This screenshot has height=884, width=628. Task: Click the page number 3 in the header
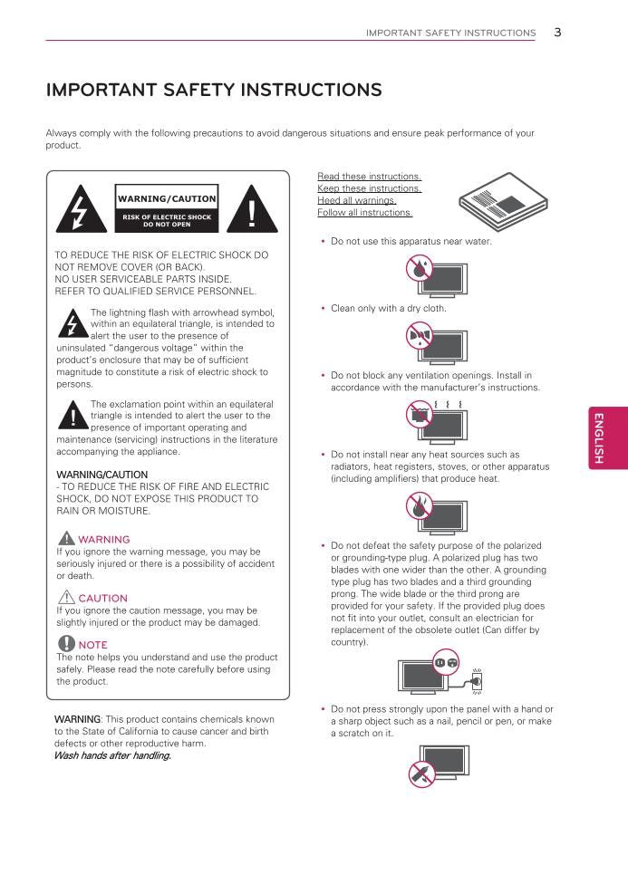[x=557, y=32]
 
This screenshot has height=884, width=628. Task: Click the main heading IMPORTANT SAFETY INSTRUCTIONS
[x=213, y=91]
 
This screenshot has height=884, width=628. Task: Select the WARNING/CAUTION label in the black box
[x=167, y=198]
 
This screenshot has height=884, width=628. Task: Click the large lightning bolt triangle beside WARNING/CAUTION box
[x=82, y=210]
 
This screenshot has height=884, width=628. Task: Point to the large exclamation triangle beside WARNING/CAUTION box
[x=252, y=210]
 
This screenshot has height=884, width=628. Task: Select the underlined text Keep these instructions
[x=369, y=188]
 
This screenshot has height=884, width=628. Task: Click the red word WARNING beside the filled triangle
[x=104, y=540]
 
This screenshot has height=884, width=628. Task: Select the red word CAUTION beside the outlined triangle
[x=102, y=599]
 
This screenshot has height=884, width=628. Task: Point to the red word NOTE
[x=92, y=645]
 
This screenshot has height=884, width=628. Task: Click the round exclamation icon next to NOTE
[x=65, y=644]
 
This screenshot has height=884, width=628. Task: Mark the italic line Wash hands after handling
[x=112, y=755]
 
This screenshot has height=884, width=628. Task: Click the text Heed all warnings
[x=356, y=200]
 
